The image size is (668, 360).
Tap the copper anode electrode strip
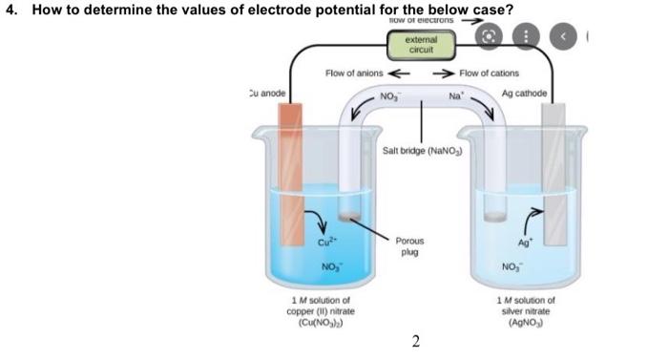(x=290, y=172)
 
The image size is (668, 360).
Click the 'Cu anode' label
(x=266, y=93)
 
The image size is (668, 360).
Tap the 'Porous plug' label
(x=411, y=247)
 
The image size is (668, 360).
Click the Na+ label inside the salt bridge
(x=456, y=96)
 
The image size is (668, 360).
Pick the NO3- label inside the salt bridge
(x=391, y=96)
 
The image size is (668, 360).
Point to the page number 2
(x=416, y=341)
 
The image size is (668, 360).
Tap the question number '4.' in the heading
(x=11, y=10)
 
